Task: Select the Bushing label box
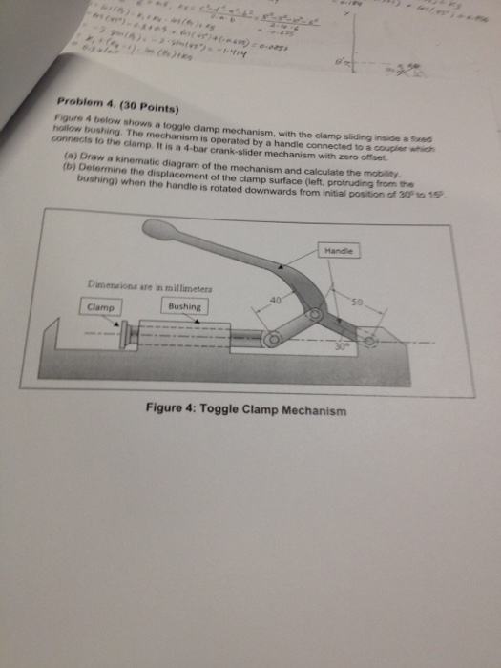pos(184,307)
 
